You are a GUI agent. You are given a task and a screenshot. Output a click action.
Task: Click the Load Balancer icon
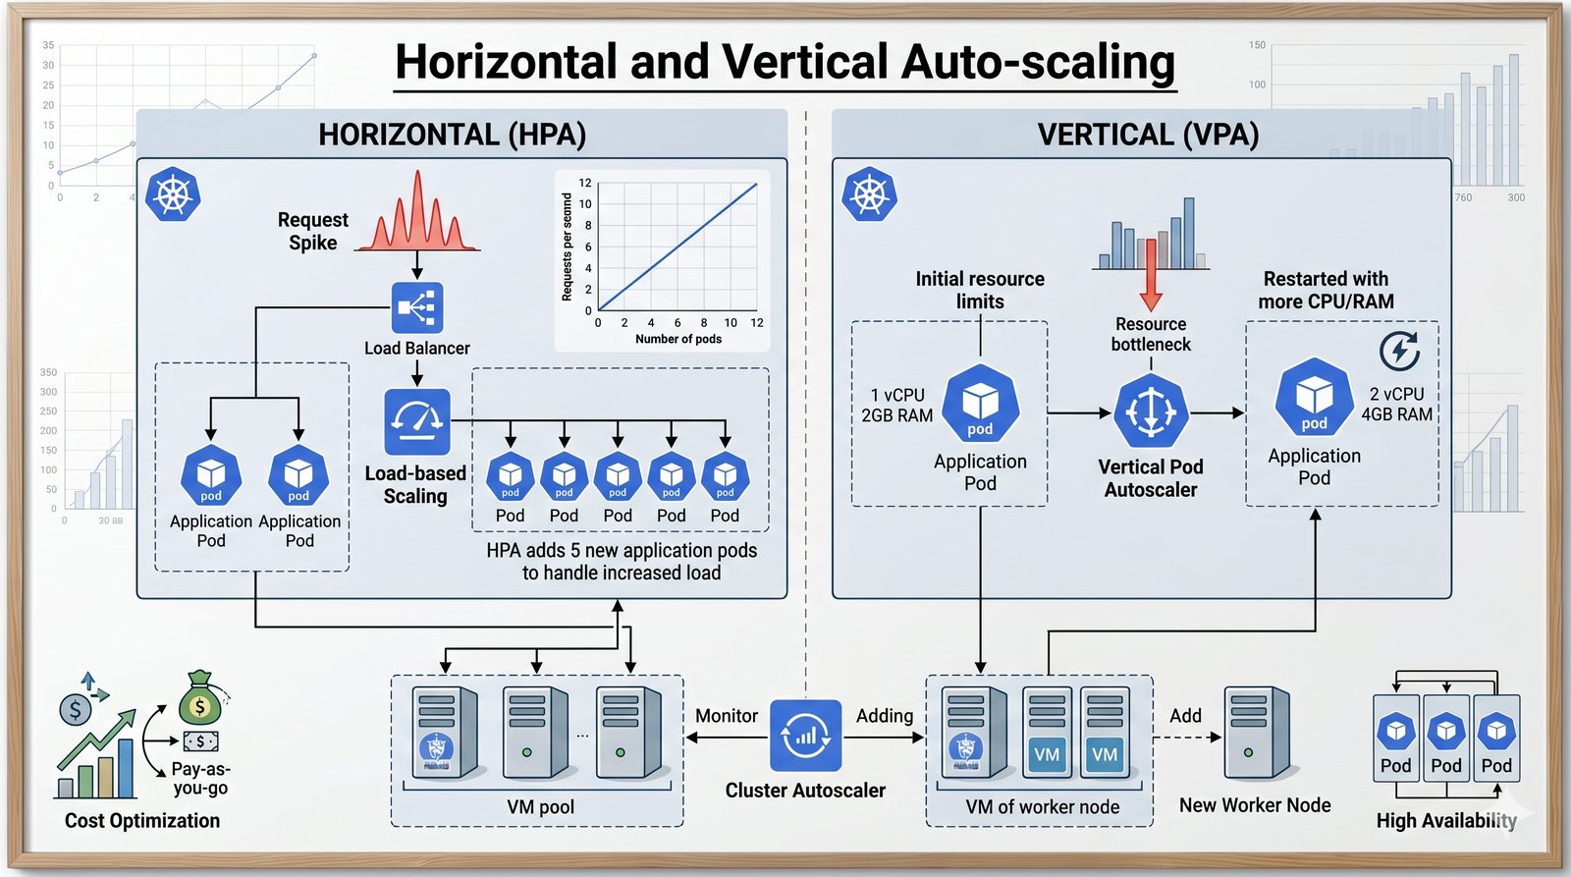tap(417, 307)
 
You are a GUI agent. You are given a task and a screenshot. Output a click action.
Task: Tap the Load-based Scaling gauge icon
tap(417, 421)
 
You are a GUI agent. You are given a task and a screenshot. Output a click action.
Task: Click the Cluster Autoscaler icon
tap(805, 736)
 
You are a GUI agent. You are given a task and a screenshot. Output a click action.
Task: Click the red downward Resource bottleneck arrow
tap(1151, 276)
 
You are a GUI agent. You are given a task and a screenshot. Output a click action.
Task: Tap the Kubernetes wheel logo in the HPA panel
tap(173, 193)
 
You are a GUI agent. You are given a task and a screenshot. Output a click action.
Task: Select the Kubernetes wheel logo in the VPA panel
tap(870, 193)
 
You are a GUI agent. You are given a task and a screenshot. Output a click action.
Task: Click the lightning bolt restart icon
tap(1399, 351)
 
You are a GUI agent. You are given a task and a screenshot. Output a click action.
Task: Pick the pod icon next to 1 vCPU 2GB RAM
tap(980, 404)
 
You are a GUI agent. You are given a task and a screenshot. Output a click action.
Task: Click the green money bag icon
tap(200, 700)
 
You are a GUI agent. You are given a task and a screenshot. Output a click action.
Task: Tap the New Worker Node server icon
tap(1256, 733)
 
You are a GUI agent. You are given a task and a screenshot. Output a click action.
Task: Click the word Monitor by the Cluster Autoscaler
tap(727, 716)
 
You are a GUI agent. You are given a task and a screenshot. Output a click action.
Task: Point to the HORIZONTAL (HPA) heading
tap(452, 135)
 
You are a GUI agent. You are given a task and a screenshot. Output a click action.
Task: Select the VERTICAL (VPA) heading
tap(1148, 135)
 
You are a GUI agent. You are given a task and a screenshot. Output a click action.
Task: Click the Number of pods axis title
tap(678, 339)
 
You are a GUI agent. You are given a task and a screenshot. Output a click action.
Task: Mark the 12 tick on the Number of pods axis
tap(757, 322)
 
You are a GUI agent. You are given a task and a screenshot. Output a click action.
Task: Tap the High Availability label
tap(1446, 820)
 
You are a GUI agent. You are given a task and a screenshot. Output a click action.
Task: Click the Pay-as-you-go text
tap(200, 778)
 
